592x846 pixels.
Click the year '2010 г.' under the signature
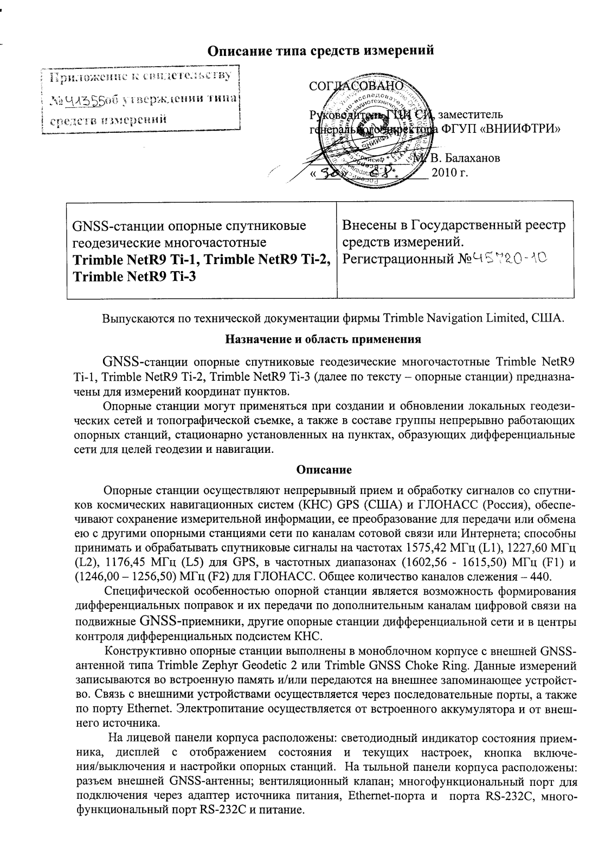[448, 174]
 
